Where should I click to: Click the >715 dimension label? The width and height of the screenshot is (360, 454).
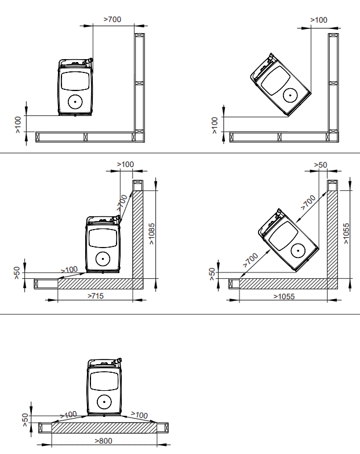(96, 296)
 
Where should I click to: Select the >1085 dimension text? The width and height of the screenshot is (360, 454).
(152, 234)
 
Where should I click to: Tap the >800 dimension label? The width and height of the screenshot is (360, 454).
(103, 441)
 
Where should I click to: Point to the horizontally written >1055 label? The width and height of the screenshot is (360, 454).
(284, 296)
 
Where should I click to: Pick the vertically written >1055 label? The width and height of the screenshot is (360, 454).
(346, 233)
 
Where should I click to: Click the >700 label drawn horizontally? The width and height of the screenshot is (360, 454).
(112, 19)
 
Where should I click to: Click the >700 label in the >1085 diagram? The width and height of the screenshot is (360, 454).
(122, 203)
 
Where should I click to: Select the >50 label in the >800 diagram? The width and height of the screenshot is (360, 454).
(25, 420)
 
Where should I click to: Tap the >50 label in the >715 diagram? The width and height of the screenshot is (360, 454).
(17, 273)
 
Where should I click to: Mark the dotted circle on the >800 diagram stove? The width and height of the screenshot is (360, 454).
(104, 402)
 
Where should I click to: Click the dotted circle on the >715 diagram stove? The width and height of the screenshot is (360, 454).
(103, 259)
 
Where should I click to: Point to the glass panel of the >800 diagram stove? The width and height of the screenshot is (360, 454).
(104, 381)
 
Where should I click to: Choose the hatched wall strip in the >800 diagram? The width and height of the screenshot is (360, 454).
(104, 428)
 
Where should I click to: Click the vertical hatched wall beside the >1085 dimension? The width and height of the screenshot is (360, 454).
(138, 234)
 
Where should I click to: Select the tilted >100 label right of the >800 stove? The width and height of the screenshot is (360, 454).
(140, 415)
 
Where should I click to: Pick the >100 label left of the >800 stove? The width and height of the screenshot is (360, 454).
(68, 415)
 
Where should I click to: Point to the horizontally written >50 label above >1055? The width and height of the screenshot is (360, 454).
(321, 165)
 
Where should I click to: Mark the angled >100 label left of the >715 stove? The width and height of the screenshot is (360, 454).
(70, 270)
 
